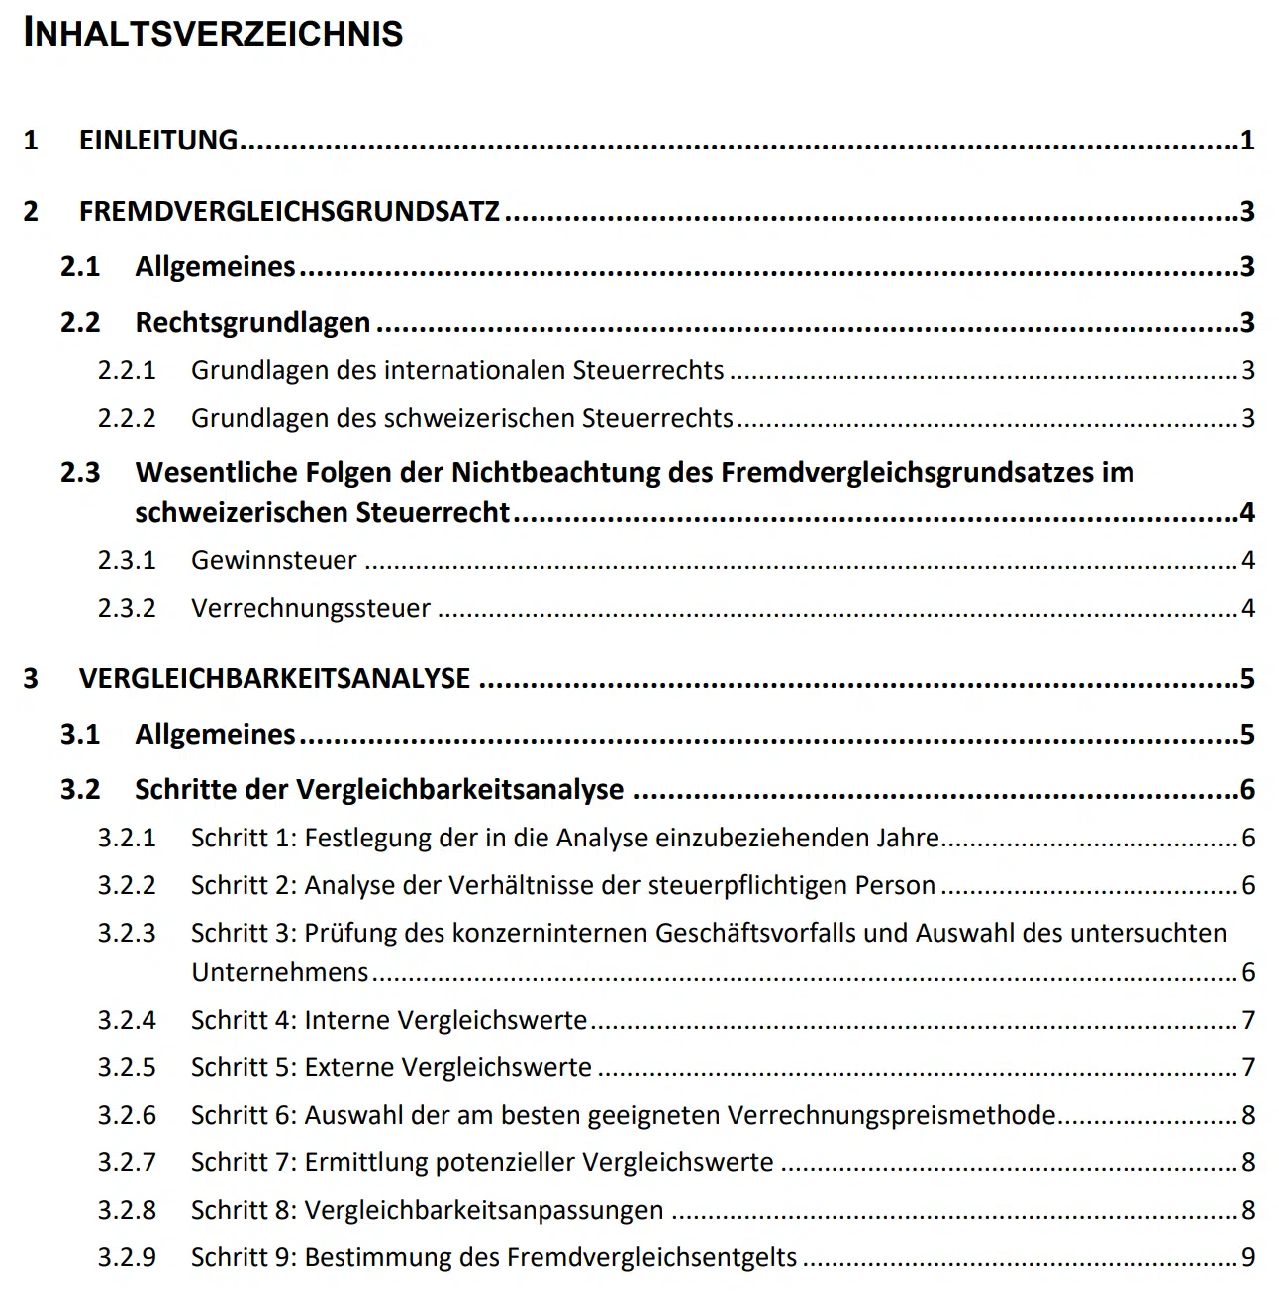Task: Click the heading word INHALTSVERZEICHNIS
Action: point(213,34)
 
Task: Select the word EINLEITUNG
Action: point(158,141)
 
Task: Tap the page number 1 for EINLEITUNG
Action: point(1247,141)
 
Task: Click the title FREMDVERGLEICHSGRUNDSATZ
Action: point(289,212)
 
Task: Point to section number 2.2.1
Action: point(127,371)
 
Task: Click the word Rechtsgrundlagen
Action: point(252,323)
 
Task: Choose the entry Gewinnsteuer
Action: point(273,561)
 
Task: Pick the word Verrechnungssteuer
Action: point(311,609)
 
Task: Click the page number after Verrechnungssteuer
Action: point(1248,609)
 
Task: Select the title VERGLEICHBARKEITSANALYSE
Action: point(274,679)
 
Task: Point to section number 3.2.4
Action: point(127,1021)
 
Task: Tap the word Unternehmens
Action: point(279,973)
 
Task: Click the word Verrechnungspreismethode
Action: point(891,1116)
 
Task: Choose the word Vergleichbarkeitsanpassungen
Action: point(483,1211)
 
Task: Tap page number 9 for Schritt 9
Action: point(1248,1258)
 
